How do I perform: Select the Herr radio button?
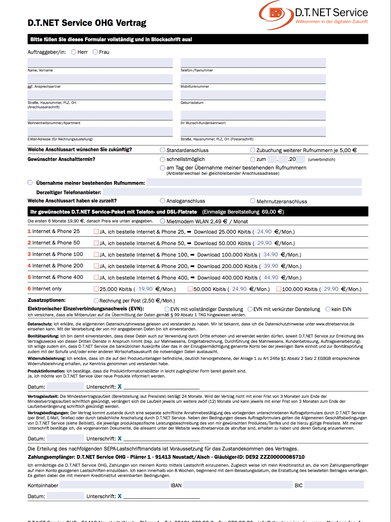74,52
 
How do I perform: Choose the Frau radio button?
95,52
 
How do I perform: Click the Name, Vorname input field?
100,63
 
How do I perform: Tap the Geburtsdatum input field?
253,95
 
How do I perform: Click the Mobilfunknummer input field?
253,79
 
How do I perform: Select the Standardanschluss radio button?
163,150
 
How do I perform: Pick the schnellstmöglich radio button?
163,159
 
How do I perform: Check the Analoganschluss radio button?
163,201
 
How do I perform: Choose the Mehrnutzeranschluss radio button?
253,201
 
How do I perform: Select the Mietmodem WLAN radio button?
163,221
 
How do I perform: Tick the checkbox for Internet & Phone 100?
96,255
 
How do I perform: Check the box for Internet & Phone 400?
96,277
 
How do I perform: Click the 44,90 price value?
271,277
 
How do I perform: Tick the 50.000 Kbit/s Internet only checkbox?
190,289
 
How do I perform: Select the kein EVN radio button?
328,309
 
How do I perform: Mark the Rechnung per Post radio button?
96,300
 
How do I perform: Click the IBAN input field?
238,485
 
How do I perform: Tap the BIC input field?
334,485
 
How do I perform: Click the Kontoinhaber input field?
115,485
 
